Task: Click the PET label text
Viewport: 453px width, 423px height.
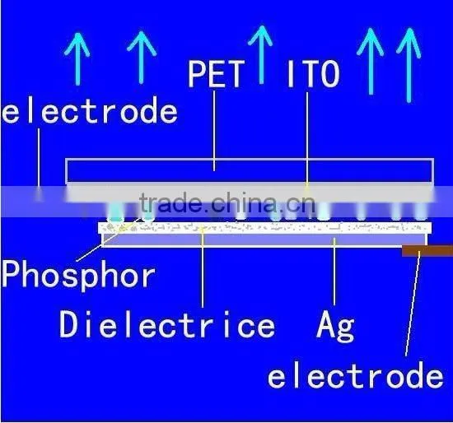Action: click(x=214, y=73)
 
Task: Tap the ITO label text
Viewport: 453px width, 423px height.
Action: click(x=313, y=73)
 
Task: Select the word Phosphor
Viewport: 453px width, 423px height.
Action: click(x=78, y=275)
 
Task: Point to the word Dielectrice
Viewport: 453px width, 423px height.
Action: click(x=167, y=324)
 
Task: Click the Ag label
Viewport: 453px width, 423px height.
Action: click(x=335, y=326)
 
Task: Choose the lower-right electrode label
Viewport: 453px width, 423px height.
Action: click(x=355, y=375)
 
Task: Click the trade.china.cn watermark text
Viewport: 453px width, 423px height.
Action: click(x=227, y=202)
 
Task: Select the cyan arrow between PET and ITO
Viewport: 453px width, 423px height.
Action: click(x=261, y=55)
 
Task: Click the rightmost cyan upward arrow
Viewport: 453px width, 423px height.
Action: click(x=409, y=65)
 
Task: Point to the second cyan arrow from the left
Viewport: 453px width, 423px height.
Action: click(x=142, y=58)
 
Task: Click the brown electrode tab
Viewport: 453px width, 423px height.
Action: click(x=427, y=251)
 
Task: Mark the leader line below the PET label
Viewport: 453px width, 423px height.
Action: click(x=214, y=131)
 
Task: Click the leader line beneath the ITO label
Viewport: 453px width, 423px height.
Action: click(x=307, y=139)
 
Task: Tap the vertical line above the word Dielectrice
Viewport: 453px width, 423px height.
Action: click(x=203, y=267)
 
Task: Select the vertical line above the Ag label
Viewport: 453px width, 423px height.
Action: click(x=334, y=271)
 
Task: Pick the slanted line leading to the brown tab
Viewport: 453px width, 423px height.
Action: click(x=413, y=304)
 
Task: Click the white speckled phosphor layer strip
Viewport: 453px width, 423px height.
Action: click(x=265, y=228)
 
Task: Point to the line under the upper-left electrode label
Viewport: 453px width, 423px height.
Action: click(x=39, y=164)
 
